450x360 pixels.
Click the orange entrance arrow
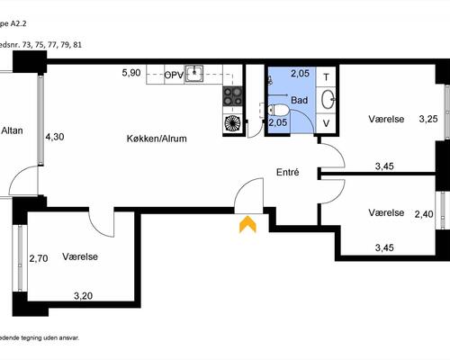[247, 224]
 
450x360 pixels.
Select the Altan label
[12, 131]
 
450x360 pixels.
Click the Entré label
[287, 172]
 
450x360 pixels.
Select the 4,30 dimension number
[55, 137]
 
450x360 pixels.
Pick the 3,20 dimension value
[83, 294]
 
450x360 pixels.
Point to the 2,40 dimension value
[423, 214]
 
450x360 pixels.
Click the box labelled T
[327, 76]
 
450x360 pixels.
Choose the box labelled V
[327, 122]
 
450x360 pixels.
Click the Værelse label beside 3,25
[386, 119]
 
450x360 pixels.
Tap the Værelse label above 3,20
[80, 256]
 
